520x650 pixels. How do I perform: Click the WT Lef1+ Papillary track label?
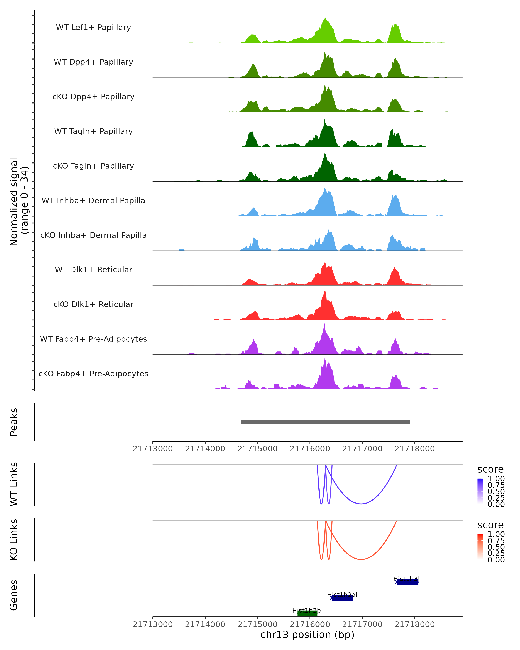[93, 28]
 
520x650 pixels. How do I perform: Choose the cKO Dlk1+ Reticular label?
[93, 304]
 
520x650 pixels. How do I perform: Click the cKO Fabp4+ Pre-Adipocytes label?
[93, 374]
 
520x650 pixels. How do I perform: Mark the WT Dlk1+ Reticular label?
[93, 270]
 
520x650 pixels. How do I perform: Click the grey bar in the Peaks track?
[325, 422]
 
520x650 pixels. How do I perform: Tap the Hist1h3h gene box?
[407, 582]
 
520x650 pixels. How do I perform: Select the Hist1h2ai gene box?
[342, 598]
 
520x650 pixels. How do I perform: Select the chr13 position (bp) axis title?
[307, 635]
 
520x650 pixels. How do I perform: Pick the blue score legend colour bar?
[480, 491]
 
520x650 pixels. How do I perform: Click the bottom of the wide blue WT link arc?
[361, 504]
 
